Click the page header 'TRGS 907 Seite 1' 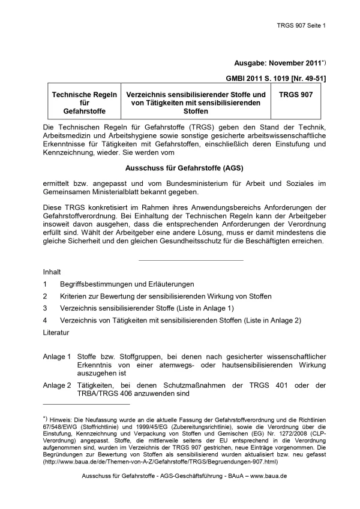pyautogui.click(x=301, y=26)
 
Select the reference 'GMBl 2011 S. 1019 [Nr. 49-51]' pyautogui.click(x=275, y=79)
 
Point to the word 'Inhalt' pyautogui.click(x=52, y=272)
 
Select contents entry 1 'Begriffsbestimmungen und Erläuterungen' pyautogui.click(x=127, y=284)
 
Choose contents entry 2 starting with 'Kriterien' pyautogui.click(x=166, y=296)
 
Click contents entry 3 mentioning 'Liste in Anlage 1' pyautogui.click(x=146, y=308)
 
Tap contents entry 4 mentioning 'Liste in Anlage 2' pyautogui.click(x=180, y=320)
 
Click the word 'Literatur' pyautogui.click(x=56, y=332)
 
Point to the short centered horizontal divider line pyautogui.click(x=191, y=260)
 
